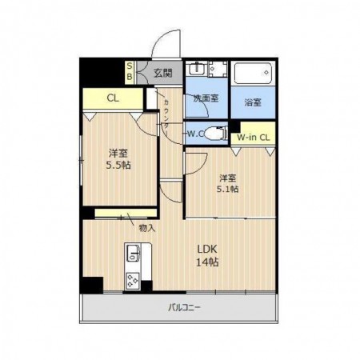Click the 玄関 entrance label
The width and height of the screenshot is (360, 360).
click(163, 73)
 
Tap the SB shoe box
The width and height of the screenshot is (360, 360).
click(130, 72)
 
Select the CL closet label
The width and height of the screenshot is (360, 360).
click(113, 98)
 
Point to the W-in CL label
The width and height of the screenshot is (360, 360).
click(253, 138)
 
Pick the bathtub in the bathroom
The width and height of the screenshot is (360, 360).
click(253, 73)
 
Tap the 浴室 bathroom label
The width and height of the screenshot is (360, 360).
click(253, 102)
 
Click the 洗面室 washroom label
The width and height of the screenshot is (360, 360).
click(206, 98)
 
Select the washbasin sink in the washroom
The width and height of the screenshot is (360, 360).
click(197, 69)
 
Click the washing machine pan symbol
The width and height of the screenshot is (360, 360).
click(218, 69)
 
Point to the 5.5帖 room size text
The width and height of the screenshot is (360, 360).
click(118, 166)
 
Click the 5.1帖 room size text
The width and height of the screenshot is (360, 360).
click(227, 189)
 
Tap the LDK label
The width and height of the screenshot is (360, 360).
click(207, 249)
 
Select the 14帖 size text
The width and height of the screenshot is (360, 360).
click(207, 262)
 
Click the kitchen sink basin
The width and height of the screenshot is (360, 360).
click(133, 253)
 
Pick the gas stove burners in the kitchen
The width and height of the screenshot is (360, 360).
click(133, 281)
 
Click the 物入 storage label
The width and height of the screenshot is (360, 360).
click(147, 228)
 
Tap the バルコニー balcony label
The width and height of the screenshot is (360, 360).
click(184, 307)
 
